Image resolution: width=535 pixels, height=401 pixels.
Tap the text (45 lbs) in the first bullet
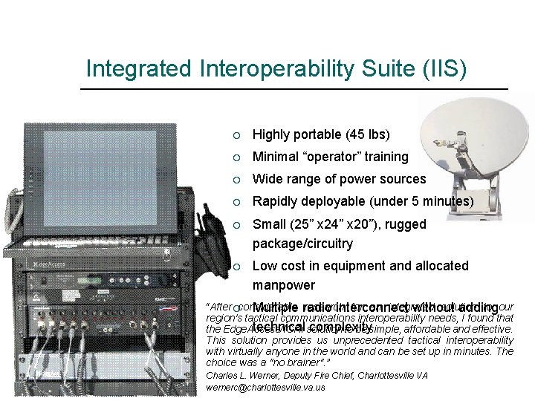coord(367,134)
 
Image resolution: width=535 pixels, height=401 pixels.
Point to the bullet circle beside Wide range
coord(236,180)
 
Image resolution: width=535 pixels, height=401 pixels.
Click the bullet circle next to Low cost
coord(236,267)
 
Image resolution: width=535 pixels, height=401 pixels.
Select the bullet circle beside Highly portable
coord(236,135)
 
